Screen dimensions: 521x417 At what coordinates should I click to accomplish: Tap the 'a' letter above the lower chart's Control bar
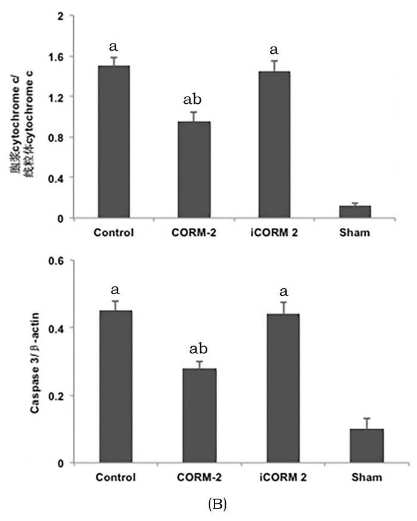[x=116, y=289]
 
